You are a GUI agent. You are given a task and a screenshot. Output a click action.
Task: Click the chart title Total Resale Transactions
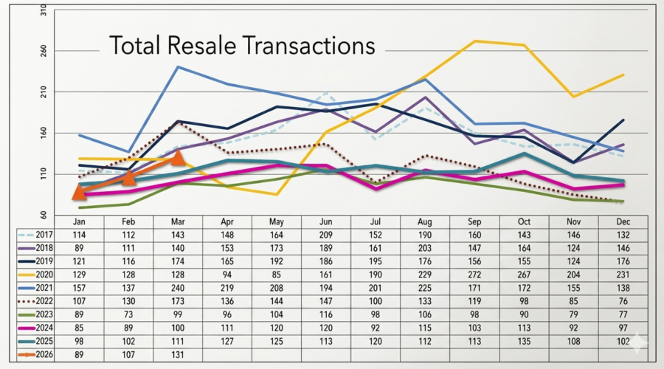[242, 46]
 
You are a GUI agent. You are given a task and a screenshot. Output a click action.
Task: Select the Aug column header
[425, 221]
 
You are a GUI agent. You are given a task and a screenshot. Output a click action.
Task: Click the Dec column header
[623, 221]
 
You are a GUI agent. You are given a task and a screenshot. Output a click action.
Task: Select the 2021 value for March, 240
[177, 288]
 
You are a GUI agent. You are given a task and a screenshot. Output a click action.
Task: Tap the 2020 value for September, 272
[474, 274]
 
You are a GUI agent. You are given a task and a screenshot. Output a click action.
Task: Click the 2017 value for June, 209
[326, 234]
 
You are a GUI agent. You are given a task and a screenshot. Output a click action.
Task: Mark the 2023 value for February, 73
[128, 314]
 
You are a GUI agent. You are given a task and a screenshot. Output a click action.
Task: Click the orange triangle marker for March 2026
[177, 157]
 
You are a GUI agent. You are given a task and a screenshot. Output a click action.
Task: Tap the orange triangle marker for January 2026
[79, 193]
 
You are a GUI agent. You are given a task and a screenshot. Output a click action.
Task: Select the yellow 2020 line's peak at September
[475, 41]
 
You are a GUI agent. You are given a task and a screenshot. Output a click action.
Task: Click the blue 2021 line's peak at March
[178, 67]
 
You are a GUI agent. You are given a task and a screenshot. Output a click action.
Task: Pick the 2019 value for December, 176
[623, 261]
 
